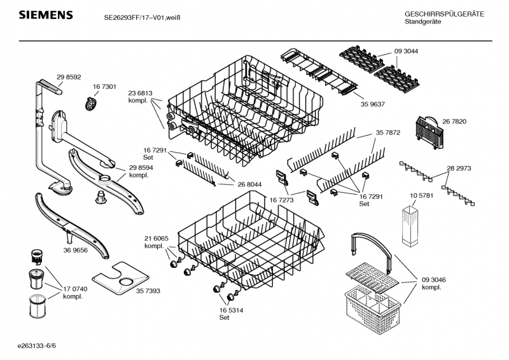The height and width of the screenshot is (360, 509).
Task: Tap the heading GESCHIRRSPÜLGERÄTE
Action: click(x=444, y=14)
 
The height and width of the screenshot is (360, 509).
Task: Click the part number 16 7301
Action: click(x=104, y=87)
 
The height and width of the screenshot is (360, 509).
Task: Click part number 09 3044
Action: click(x=406, y=51)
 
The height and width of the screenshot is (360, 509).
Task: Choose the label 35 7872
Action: click(x=387, y=133)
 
